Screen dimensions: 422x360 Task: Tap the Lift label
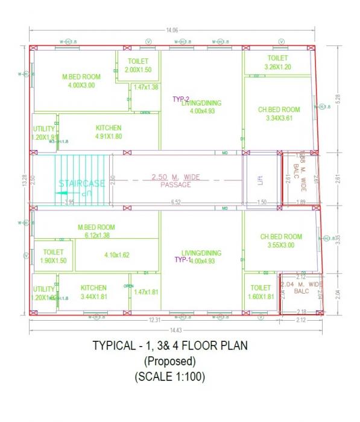pyautogui.click(x=261, y=180)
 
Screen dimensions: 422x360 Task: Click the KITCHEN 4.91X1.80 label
pyautogui.click(x=109, y=132)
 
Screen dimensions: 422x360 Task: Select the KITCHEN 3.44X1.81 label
pyautogui.click(x=93, y=292)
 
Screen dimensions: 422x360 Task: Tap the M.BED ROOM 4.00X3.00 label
pyautogui.click(x=82, y=81)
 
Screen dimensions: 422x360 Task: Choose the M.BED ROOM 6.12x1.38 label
pyautogui.click(x=96, y=231)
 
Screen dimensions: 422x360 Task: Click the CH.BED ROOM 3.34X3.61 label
pyautogui.click(x=279, y=114)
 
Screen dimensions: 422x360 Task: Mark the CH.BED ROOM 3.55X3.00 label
pyautogui.click(x=281, y=241)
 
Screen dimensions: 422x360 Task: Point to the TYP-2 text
pyautogui.click(x=181, y=99)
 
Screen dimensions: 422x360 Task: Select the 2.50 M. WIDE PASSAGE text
pyautogui.click(x=175, y=181)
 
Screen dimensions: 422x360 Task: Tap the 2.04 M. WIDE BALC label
pyautogui.click(x=301, y=287)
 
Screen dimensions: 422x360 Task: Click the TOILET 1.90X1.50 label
pyautogui.click(x=54, y=256)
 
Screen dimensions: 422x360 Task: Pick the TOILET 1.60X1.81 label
pyautogui.click(x=261, y=292)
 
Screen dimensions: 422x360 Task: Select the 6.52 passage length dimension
pyautogui.click(x=176, y=203)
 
